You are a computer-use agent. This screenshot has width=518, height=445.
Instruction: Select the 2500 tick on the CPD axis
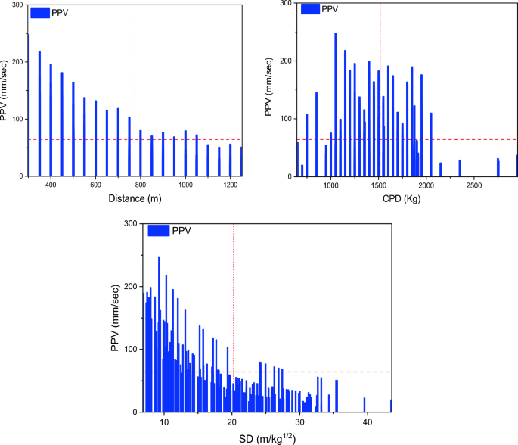point(474,185)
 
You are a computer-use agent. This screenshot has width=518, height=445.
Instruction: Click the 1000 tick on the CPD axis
point(330,185)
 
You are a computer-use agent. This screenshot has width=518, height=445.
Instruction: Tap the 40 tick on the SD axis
point(367,422)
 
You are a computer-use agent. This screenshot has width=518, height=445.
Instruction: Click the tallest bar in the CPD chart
point(336,104)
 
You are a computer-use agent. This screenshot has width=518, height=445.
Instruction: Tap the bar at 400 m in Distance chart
point(51,120)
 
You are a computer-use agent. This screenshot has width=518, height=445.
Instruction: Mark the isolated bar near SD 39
point(364,404)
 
